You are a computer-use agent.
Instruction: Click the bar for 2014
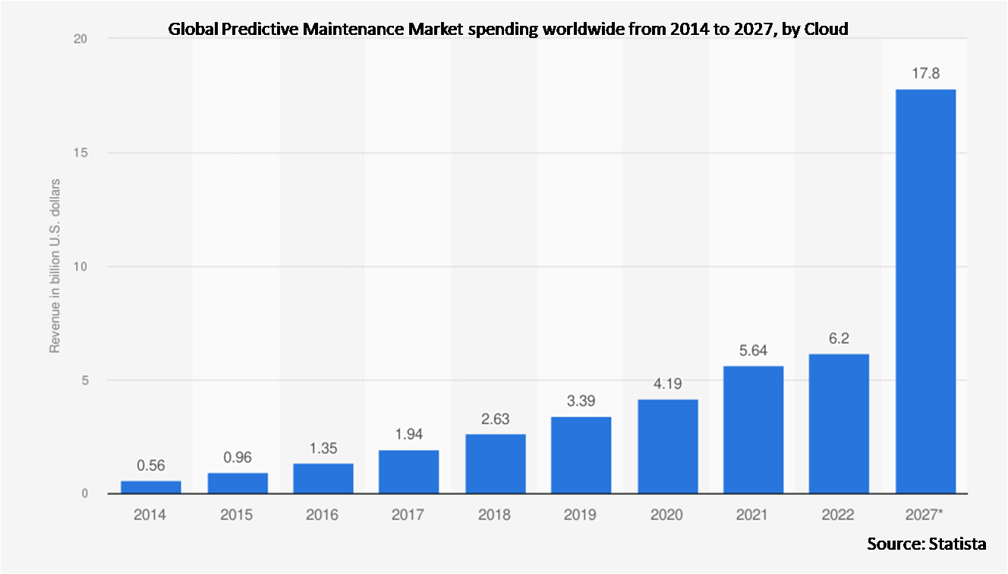(150, 487)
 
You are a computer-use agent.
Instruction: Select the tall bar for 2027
(925, 292)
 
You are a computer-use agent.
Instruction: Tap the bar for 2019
(581, 455)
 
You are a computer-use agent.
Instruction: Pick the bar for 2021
(753, 430)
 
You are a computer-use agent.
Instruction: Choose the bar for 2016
(323, 478)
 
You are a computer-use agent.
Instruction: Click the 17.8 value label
(925, 74)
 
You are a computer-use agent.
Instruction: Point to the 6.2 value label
(839, 339)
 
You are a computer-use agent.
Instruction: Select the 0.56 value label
(150, 465)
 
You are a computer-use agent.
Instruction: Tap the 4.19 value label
(667, 384)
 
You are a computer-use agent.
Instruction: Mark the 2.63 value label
(495, 420)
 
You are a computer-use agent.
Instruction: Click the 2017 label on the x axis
(408, 515)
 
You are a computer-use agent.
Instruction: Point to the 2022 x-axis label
(839, 515)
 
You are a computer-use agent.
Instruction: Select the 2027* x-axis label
(927, 515)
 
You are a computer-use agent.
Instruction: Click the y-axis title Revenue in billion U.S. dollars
(55, 266)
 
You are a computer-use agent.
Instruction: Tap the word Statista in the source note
(957, 544)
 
